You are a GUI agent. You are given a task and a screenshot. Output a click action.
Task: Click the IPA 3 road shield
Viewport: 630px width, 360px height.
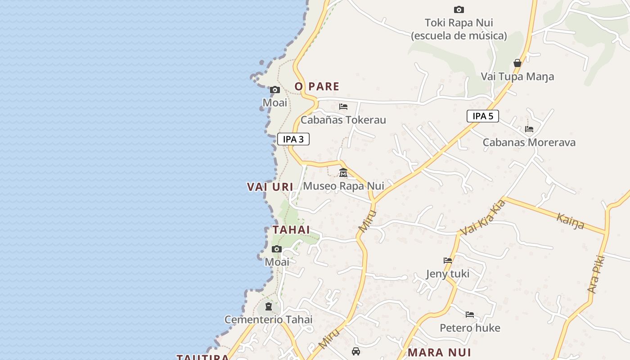pyautogui.click(x=293, y=139)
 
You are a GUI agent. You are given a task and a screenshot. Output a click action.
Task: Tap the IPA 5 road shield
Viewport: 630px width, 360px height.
pyautogui.click(x=483, y=116)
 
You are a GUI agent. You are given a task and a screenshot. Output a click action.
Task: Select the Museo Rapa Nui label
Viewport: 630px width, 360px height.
pyautogui.click(x=343, y=186)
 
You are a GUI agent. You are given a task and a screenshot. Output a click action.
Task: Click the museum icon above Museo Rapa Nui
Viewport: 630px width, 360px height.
pyautogui.click(x=343, y=172)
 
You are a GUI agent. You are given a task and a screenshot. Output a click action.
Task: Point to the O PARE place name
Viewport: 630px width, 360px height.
pyautogui.click(x=317, y=86)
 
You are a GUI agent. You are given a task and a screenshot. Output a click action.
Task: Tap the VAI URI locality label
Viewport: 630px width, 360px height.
pyautogui.click(x=270, y=187)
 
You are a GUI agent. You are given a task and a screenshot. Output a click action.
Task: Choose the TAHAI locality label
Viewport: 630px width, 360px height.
pyautogui.click(x=291, y=229)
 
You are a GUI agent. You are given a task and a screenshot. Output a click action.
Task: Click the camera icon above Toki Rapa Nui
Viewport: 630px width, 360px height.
pyautogui.click(x=459, y=9)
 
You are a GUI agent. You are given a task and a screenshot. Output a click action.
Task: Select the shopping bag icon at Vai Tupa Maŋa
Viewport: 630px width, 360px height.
pyautogui.click(x=517, y=63)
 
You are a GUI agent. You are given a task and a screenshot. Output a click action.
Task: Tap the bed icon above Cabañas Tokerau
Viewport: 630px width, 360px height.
pyautogui.click(x=343, y=107)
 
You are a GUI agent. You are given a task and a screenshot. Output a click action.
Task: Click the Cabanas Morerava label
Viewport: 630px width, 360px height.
pyautogui.click(x=529, y=143)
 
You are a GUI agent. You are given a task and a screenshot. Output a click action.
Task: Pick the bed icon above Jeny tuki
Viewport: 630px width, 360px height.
pyautogui.click(x=447, y=261)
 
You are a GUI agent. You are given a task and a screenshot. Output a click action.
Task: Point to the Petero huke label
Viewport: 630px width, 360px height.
pyautogui.click(x=470, y=328)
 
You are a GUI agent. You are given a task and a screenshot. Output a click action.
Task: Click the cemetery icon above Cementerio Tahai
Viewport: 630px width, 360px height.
pyautogui.click(x=269, y=306)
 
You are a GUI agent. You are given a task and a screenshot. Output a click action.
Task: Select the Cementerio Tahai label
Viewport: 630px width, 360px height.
pyautogui.click(x=268, y=319)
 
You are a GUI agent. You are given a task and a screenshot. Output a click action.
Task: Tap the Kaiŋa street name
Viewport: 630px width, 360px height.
pyautogui.click(x=571, y=221)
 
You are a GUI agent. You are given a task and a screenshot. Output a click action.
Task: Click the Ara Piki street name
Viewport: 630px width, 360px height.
pyautogui.click(x=596, y=274)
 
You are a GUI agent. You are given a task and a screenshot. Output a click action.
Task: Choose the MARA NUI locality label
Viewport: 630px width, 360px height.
pyautogui.click(x=439, y=352)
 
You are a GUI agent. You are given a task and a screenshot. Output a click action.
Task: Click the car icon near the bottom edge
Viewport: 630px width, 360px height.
pyautogui.click(x=356, y=351)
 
